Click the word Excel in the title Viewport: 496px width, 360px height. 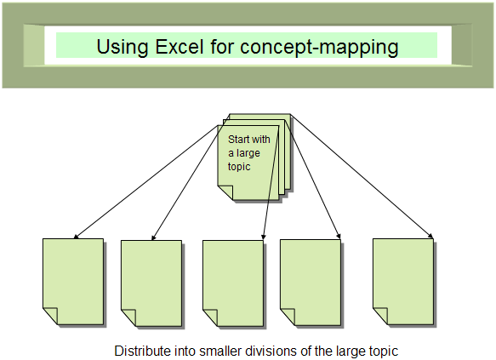[180, 46]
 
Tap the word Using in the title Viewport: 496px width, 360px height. [123, 48]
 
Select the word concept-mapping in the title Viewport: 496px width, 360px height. [319, 48]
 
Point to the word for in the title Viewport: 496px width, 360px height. [222, 46]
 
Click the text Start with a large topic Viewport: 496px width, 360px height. [249, 153]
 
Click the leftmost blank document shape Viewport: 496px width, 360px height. [73, 282]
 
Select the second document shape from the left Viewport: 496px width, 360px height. [151, 283]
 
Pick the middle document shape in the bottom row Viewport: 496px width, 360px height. [233, 283]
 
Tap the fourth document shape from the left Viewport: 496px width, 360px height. [311, 283]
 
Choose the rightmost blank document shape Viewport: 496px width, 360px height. [403, 282]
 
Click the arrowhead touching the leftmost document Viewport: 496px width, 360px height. [76, 237]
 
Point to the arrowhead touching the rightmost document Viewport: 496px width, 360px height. [430, 236]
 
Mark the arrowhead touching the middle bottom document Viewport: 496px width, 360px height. [264, 237]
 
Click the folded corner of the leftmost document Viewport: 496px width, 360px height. [50, 316]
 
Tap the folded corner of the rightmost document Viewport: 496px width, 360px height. [380, 316]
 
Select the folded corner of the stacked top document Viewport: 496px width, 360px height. [225, 192]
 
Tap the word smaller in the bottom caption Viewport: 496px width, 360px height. [219, 351]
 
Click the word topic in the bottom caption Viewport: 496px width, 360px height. [384, 351]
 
